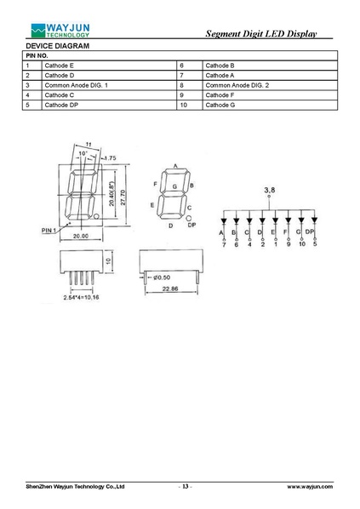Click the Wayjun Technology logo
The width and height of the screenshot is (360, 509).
[60, 31]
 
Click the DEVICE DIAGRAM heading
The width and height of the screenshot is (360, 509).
[58, 46]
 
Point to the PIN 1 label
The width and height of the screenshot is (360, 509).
[49, 231]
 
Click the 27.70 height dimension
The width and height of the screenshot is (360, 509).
[123, 197]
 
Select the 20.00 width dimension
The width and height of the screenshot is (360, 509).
[81, 236]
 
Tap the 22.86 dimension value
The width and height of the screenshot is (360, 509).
[170, 289]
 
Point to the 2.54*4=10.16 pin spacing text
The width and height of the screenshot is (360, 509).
[81, 297]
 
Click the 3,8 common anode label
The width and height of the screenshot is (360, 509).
[270, 190]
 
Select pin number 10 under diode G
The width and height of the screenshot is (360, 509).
[302, 243]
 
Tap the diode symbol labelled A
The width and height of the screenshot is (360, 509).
[223, 221]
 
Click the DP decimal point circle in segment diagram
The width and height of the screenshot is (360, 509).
[189, 219]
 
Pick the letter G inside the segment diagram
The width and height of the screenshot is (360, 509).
[174, 186]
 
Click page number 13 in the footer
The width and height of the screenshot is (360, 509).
[185, 486]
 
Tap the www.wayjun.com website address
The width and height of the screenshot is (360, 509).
[310, 486]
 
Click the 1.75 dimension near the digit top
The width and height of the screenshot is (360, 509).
[111, 158]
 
